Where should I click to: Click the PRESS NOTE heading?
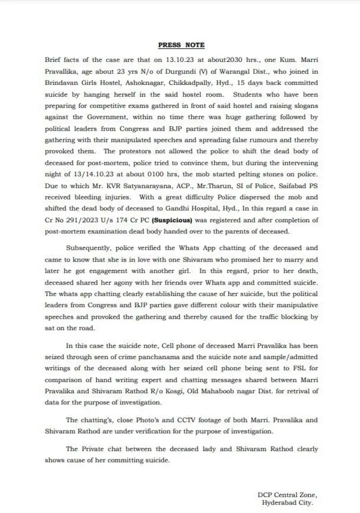tap(181, 44)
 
